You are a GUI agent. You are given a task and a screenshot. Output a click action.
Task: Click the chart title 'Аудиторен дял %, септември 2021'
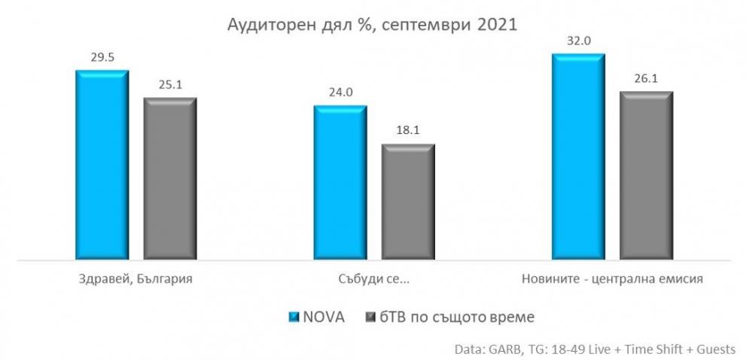(x=373, y=25)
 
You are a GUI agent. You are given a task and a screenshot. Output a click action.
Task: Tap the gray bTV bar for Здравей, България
(x=170, y=178)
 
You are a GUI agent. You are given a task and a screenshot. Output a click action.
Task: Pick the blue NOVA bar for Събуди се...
(x=340, y=182)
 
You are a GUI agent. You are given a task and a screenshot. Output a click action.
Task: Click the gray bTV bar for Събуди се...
(x=408, y=201)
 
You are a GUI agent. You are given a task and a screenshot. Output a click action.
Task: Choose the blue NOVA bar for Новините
(x=578, y=156)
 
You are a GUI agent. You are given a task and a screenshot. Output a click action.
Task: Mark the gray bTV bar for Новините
(x=646, y=175)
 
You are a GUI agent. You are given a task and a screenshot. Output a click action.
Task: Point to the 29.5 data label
(x=102, y=56)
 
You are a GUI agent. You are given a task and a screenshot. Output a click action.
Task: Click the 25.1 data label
(x=170, y=84)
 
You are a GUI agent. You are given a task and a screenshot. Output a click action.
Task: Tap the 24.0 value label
(x=340, y=92)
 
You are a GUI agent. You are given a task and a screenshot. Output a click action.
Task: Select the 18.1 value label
(x=408, y=130)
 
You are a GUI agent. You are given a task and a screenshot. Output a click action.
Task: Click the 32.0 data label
(x=578, y=41)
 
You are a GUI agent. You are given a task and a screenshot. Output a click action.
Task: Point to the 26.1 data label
(x=646, y=78)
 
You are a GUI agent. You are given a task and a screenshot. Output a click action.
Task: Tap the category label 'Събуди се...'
(x=374, y=279)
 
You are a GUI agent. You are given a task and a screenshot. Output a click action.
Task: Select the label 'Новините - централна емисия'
(x=612, y=279)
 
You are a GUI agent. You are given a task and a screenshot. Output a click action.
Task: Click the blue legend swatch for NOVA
(x=294, y=316)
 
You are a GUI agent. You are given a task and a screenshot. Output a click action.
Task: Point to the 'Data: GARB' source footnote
(x=595, y=350)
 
